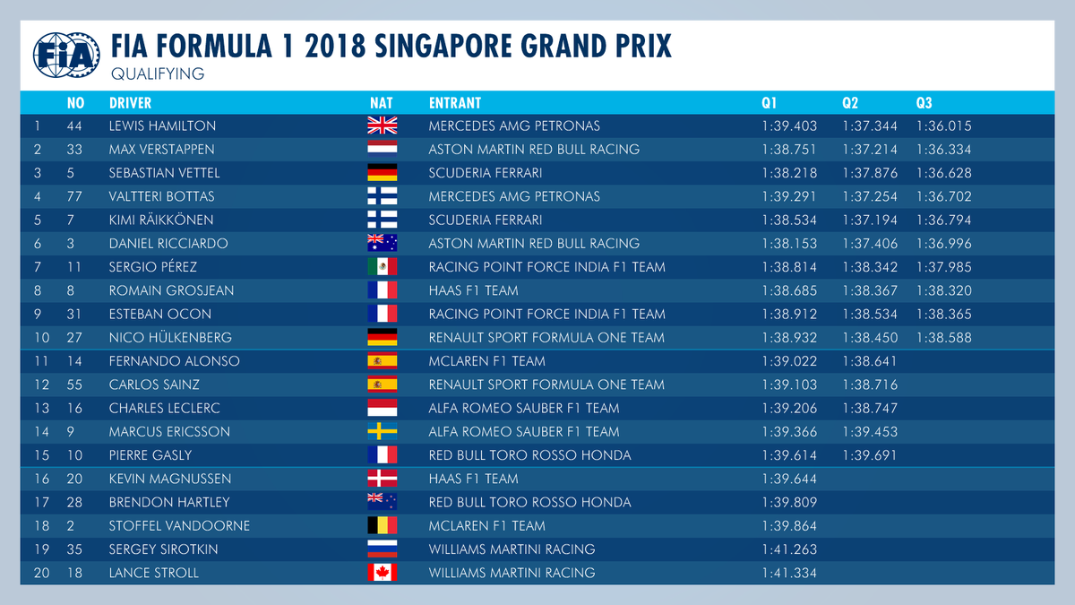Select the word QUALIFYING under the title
[158, 73]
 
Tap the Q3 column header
[924, 103]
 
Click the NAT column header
[381, 103]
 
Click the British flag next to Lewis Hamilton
[382, 126]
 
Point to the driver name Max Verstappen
[161, 150]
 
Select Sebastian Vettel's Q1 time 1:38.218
[789, 173]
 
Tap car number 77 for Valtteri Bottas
[75, 196]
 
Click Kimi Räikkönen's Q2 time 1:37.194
[869, 220]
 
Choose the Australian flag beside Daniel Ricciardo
[382, 244]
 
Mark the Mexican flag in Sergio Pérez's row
[382, 267]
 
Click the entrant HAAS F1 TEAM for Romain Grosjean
[473, 290]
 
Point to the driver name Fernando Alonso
[161, 361]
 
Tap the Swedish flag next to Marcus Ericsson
[382, 432]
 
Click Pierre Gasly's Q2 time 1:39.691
[869, 455]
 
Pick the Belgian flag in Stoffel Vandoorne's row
[382, 526]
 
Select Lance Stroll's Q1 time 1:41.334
[789, 573]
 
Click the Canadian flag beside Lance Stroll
[382, 573]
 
